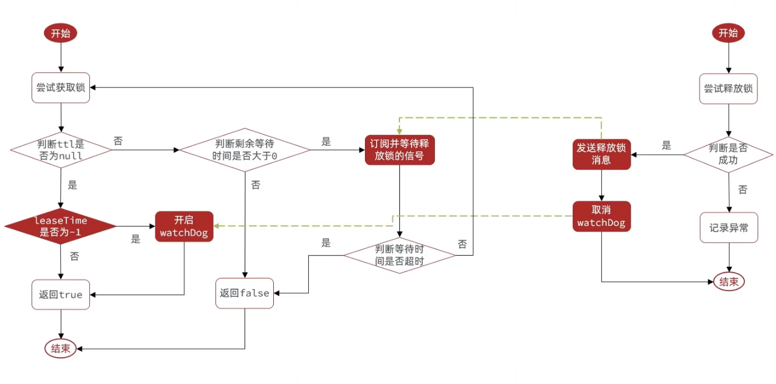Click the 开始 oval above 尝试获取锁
pyautogui.click(x=60, y=33)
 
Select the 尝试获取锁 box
pyautogui.click(x=60, y=88)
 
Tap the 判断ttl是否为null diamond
pyautogui.click(x=60, y=151)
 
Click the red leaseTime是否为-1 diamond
pyautogui.click(x=60, y=226)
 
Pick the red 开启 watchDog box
pyautogui.click(x=184, y=226)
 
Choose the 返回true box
pyautogui.click(x=60, y=295)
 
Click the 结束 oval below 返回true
pyautogui.click(x=60, y=348)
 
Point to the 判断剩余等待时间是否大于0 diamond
pyautogui.click(x=245, y=151)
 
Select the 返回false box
pyautogui.click(x=245, y=293)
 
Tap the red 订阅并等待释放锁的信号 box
pyautogui.click(x=399, y=151)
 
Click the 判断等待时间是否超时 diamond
pyautogui.click(x=399, y=256)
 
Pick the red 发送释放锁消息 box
pyautogui.click(x=601, y=154)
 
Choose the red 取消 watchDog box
pyautogui.click(x=601, y=217)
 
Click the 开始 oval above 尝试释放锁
pyautogui.click(x=728, y=33)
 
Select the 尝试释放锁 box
pyautogui.click(x=728, y=89)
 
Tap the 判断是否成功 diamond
pyautogui.click(x=728, y=154)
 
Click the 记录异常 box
pyautogui.click(x=728, y=228)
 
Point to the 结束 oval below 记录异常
pyautogui.click(x=728, y=282)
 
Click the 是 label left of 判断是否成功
pyautogui.click(x=666, y=146)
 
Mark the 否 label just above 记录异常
pyautogui.click(x=742, y=190)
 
